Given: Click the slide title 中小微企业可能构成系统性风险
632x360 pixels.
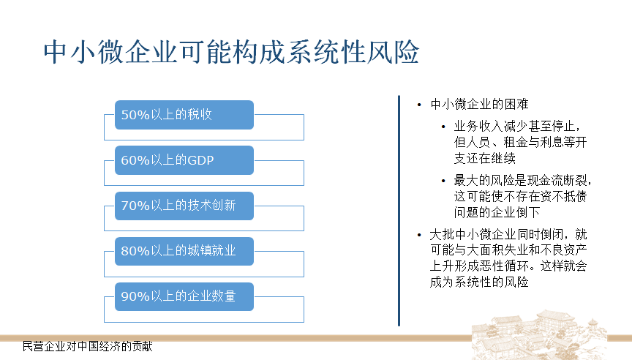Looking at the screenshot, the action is [x=231, y=52].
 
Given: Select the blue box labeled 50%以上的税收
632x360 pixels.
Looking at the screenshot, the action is [x=184, y=115].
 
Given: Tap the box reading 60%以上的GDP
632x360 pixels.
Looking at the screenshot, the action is [x=184, y=160].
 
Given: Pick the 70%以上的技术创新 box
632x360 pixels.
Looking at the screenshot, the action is [x=184, y=206].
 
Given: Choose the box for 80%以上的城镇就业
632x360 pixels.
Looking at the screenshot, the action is [x=184, y=251].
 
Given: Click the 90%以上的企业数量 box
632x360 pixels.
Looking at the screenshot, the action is [x=184, y=296].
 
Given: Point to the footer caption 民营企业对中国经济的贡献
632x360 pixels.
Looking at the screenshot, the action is [x=88, y=346].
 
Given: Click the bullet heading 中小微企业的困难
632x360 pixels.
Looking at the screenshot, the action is [x=479, y=105].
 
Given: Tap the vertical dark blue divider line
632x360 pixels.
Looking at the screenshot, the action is [x=399, y=211].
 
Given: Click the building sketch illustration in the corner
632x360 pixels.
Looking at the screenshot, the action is [x=539, y=334].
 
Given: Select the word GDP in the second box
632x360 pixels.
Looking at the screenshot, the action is [x=200, y=160].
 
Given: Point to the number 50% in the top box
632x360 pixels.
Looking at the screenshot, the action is [x=135, y=115].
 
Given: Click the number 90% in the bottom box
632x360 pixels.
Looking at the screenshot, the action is [x=135, y=297].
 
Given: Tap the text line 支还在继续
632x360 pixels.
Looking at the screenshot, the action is [x=484, y=158].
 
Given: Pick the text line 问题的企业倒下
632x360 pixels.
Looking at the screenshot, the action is [x=497, y=212].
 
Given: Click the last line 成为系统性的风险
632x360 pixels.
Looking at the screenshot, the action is [x=479, y=282].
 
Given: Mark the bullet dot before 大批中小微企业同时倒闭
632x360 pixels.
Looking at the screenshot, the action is [x=419, y=235].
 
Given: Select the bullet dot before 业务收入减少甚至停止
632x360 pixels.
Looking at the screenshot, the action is [x=443, y=127].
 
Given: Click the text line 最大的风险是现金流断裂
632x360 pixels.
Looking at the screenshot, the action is [x=522, y=180].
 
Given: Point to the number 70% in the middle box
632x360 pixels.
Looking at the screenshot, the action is [x=135, y=206].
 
